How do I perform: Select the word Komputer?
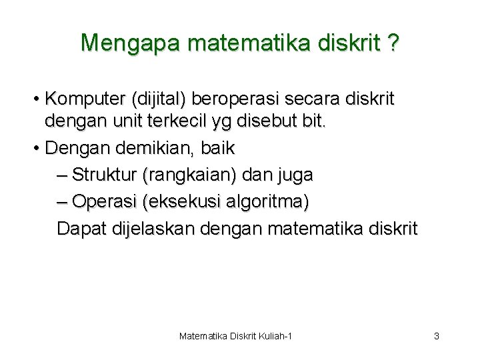pyautogui.click(x=85, y=99)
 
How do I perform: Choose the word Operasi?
pyautogui.click(x=101, y=201)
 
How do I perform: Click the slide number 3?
pyautogui.click(x=436, y=336)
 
